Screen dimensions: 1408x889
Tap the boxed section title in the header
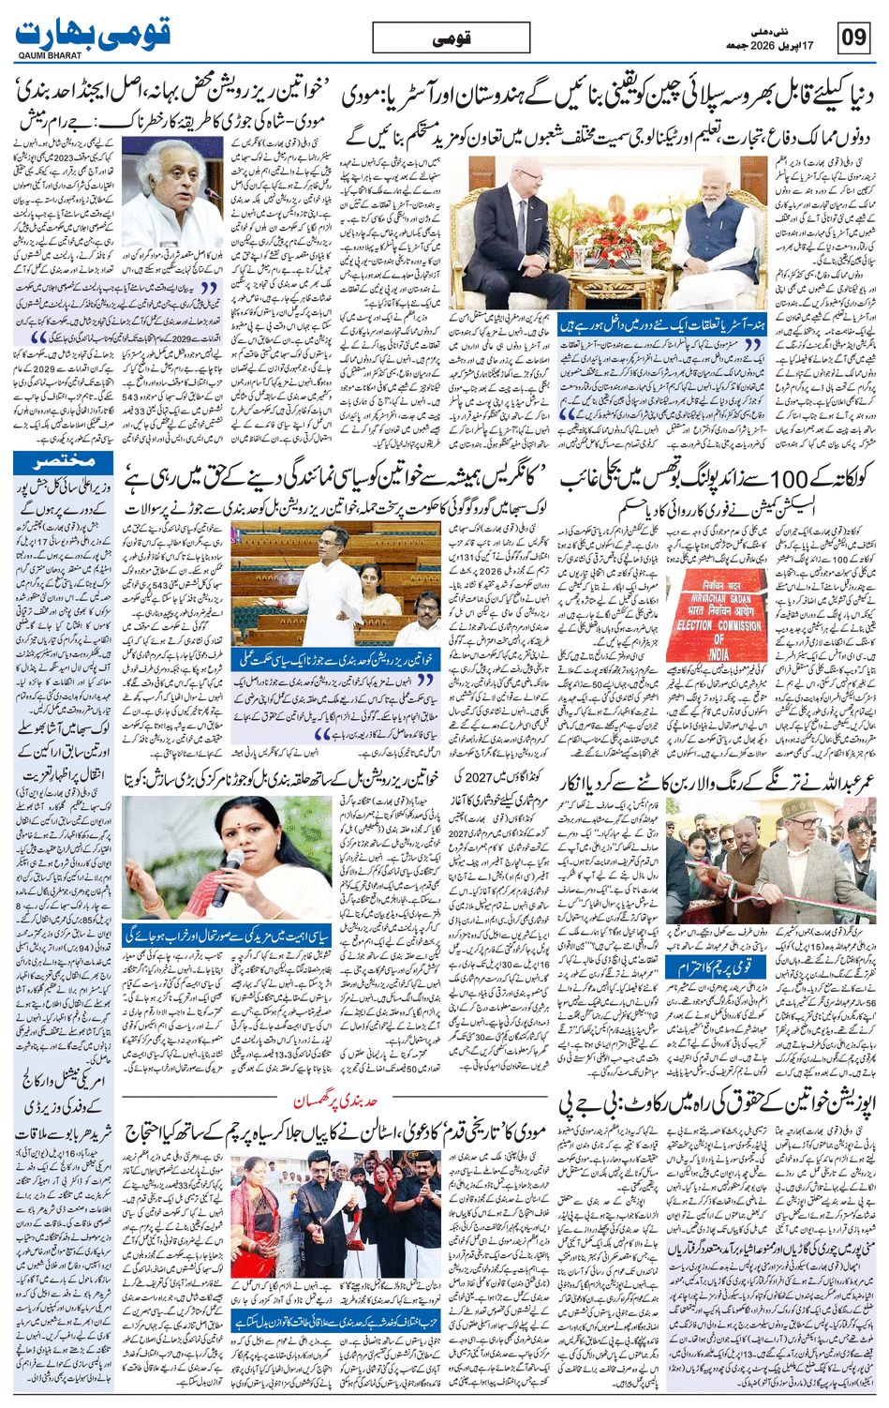click(451, 37)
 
